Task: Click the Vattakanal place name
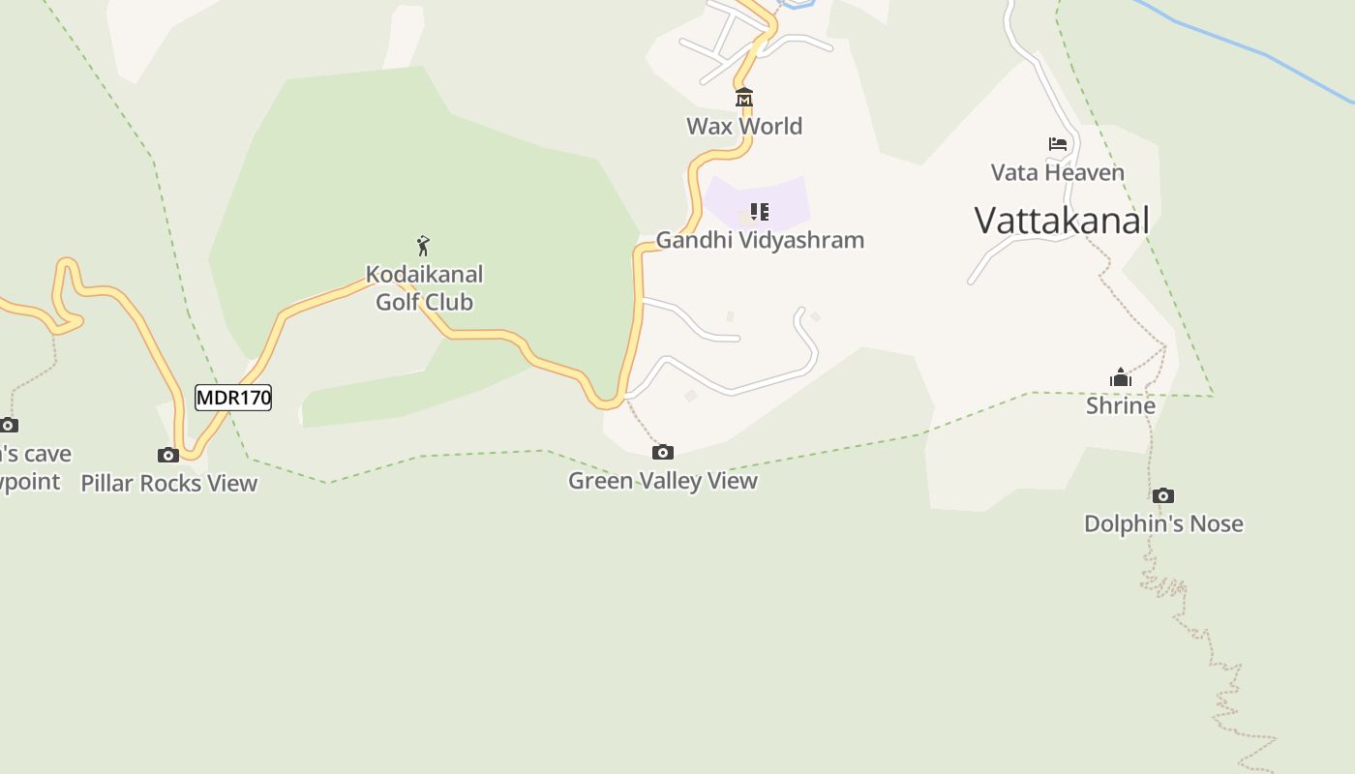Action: coord(1062,221)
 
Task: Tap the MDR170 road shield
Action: coord(233,398)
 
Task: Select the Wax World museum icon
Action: coord(743,98)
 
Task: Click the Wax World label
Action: coord(744,126)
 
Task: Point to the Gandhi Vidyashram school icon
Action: coord(760,211)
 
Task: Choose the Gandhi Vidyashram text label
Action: coord(760,240)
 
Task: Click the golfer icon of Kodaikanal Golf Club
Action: coord(423,246)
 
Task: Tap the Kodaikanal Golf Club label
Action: coord(424,287)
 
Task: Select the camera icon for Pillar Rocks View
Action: coord(168,455)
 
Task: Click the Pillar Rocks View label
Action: coord(169,483)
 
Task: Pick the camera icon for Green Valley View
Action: coord(663,452)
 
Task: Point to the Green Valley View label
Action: coord(663,480)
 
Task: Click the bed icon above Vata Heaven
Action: coord(1058,144)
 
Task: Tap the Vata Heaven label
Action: coord(1058,172)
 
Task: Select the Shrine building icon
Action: coord(1121,377)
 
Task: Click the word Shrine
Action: coord(1121,405)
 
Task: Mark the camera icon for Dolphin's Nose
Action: coord(1163,495)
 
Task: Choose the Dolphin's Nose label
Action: coord(1163,523)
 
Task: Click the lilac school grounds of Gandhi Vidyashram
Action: coord(784,193)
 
